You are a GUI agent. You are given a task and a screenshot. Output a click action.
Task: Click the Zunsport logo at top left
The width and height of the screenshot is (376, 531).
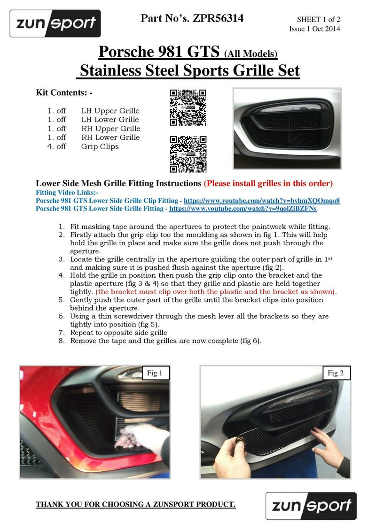click(55, 23)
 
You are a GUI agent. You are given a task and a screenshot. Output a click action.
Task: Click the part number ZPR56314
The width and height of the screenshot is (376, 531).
click(218, 19)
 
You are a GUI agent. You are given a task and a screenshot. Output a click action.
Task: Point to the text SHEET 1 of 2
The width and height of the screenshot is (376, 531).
click(318, 20)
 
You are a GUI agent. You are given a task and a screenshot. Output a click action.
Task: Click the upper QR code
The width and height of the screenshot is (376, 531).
click(188, 108)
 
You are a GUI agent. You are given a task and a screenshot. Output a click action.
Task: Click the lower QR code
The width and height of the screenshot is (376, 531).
click(188, 154)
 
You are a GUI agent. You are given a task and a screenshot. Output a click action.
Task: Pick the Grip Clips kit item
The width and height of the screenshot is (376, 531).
click(100, 146)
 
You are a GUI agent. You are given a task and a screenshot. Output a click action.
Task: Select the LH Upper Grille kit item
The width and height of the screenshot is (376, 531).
click(110, 111)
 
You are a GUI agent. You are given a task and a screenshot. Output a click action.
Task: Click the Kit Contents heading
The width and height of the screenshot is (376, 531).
click(64, 93)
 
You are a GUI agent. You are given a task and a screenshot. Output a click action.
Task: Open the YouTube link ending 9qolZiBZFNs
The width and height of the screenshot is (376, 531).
click(243, 208)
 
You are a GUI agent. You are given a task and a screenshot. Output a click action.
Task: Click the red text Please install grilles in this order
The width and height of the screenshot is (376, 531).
click(268, 183)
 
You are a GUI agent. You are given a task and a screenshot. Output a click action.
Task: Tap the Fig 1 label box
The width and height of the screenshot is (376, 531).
click(155, 373)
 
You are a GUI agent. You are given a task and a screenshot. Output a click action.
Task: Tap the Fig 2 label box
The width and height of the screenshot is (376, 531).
click(336, 373)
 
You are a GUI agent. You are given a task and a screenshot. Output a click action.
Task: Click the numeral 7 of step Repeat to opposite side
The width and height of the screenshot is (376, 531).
click(61, 332)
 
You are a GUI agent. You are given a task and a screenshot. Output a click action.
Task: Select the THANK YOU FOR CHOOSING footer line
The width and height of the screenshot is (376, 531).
click(135, 505)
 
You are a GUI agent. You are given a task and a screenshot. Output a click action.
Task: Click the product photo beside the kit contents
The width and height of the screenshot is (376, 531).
click(287, 128)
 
